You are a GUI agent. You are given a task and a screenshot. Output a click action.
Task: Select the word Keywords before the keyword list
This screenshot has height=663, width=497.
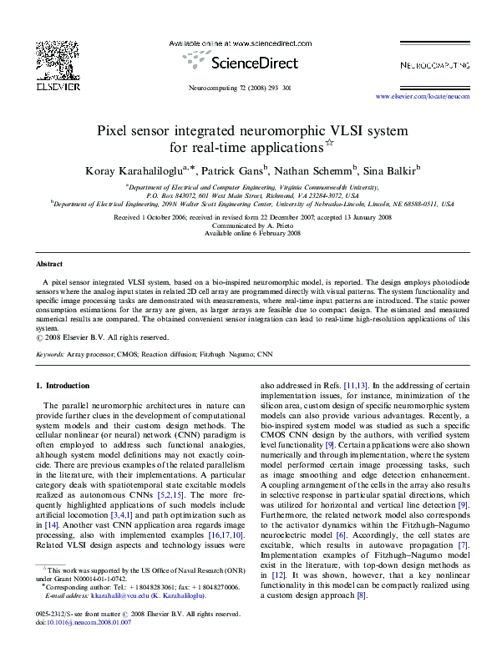point(53,354)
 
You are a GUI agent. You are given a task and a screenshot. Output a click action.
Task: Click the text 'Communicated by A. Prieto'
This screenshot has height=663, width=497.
point(248,225)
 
